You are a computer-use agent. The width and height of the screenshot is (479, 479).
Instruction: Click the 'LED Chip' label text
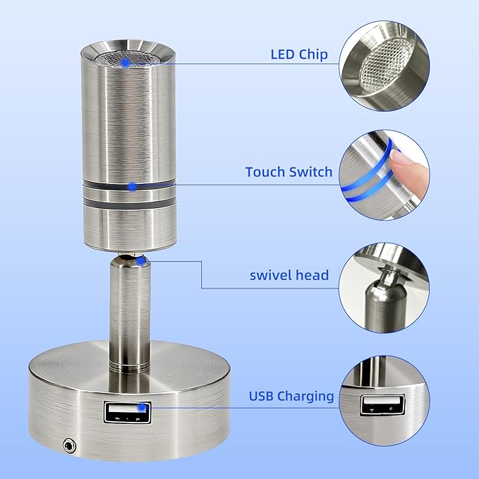point(299,54)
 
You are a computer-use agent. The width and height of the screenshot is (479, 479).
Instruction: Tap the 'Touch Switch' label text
point(289,172)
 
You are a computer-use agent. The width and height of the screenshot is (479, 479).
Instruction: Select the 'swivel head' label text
point(289,275)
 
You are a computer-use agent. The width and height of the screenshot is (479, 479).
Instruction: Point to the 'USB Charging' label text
point(291,396)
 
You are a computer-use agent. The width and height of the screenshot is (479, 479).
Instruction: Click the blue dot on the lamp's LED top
point(125,63)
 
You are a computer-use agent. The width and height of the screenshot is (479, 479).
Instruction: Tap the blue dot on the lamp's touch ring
point(133,186)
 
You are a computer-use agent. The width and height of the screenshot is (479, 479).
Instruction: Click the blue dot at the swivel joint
point(140,261)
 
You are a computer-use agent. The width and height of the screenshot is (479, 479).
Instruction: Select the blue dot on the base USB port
point(141,407)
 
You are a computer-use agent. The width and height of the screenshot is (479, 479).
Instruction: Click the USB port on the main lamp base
point(128,413)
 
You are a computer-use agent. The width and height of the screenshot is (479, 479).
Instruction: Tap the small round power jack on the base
point(69,446)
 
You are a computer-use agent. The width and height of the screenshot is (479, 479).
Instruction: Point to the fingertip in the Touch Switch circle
point(410,173)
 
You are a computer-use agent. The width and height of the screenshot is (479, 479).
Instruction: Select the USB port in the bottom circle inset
point(382,405)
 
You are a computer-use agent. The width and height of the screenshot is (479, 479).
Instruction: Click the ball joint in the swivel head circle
point(389,276)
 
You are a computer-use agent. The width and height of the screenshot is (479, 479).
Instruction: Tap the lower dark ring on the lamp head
point(130,204)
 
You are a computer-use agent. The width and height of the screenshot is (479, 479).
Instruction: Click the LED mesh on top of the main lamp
point(128,59)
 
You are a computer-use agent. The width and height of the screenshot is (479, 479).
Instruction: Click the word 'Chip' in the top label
point(313,54)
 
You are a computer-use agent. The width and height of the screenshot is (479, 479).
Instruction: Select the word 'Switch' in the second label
point(310,172)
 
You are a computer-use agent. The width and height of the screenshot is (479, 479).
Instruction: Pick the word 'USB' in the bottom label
point(262,396)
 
